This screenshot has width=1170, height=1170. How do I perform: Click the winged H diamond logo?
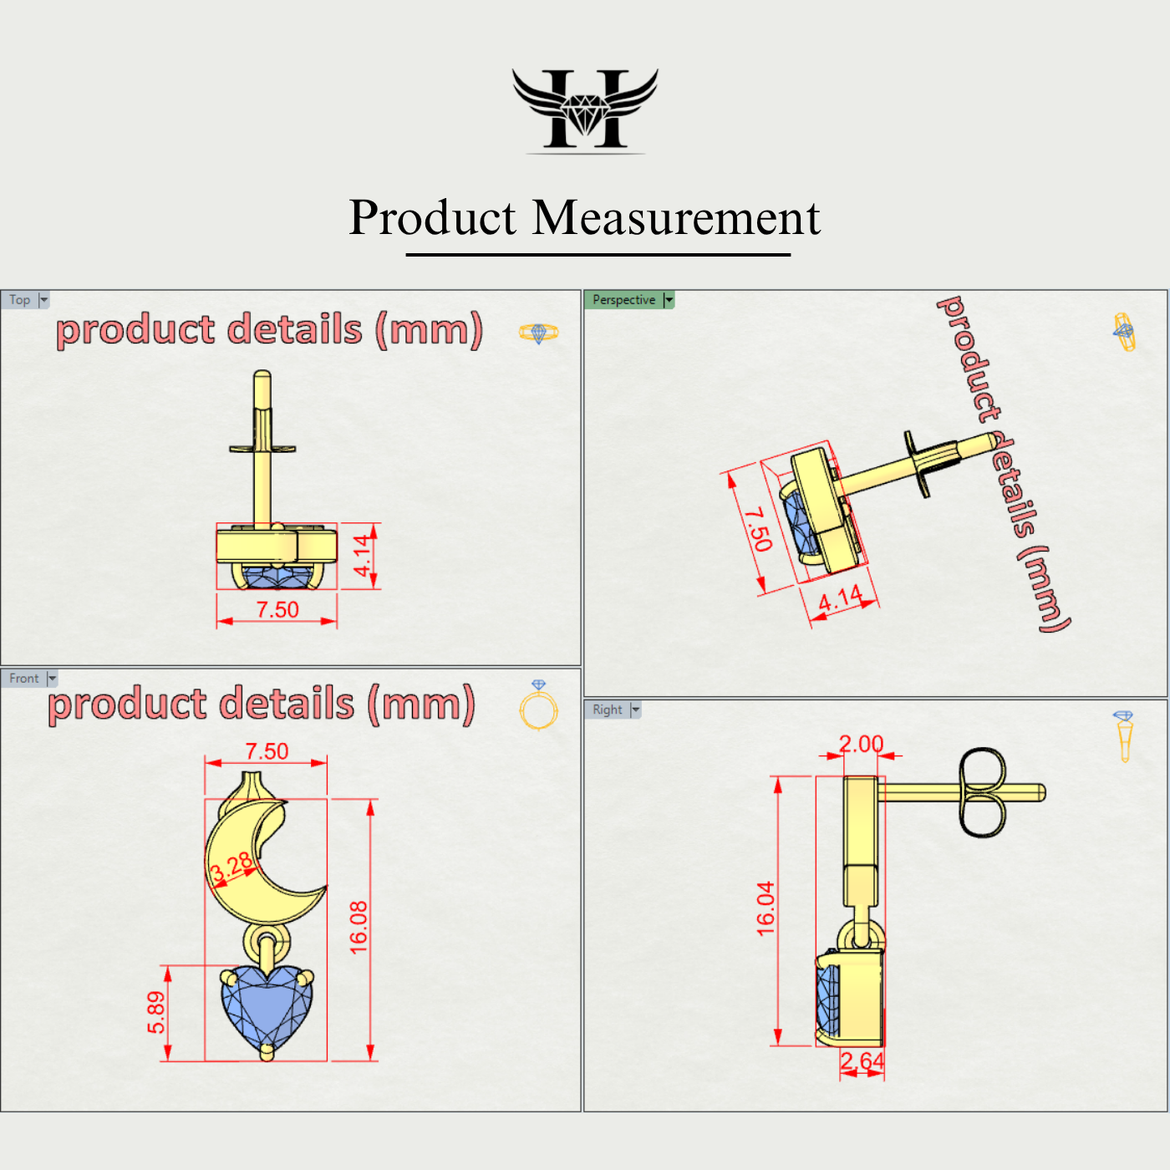(585, 109)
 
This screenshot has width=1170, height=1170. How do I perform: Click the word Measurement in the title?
(676, 218)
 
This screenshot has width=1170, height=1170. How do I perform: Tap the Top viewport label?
(20, 300)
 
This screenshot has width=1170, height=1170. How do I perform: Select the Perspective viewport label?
(623, 300)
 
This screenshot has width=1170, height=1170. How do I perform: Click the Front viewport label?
(24, 679)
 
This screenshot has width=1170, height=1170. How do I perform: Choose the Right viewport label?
(608, 710)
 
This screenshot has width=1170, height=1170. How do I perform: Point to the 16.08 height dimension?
(359, 928)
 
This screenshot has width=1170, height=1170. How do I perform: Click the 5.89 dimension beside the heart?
(156, 1012)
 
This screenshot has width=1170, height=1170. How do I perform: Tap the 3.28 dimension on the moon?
(231, 867)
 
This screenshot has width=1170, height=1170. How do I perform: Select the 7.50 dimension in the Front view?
(267, 751)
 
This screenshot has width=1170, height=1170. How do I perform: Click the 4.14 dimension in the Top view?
(361, 556)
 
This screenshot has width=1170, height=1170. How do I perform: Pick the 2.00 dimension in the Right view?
(861, 744)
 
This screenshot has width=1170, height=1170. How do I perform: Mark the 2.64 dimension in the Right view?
(862, 1061)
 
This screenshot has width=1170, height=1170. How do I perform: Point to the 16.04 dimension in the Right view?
(766, 908)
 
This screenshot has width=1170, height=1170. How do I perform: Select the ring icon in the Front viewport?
(538, 706)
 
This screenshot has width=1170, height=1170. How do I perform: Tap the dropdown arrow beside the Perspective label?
(669, 300)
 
